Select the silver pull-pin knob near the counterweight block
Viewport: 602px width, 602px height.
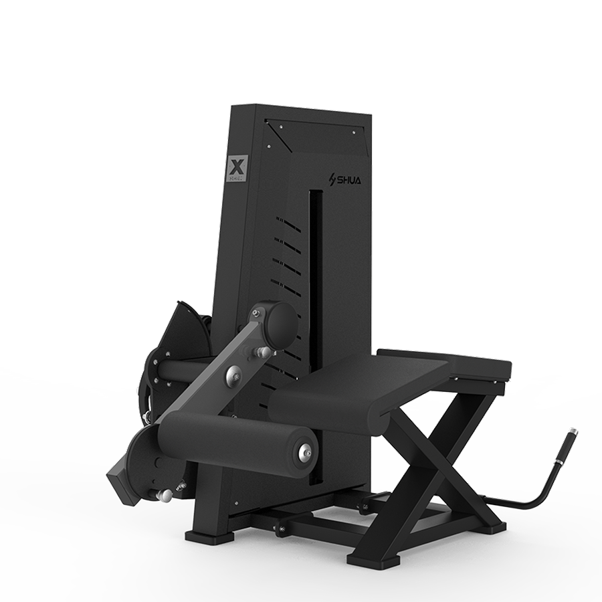[x=163, y=494]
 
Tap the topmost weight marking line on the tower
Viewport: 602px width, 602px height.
[x=289, y=220]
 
